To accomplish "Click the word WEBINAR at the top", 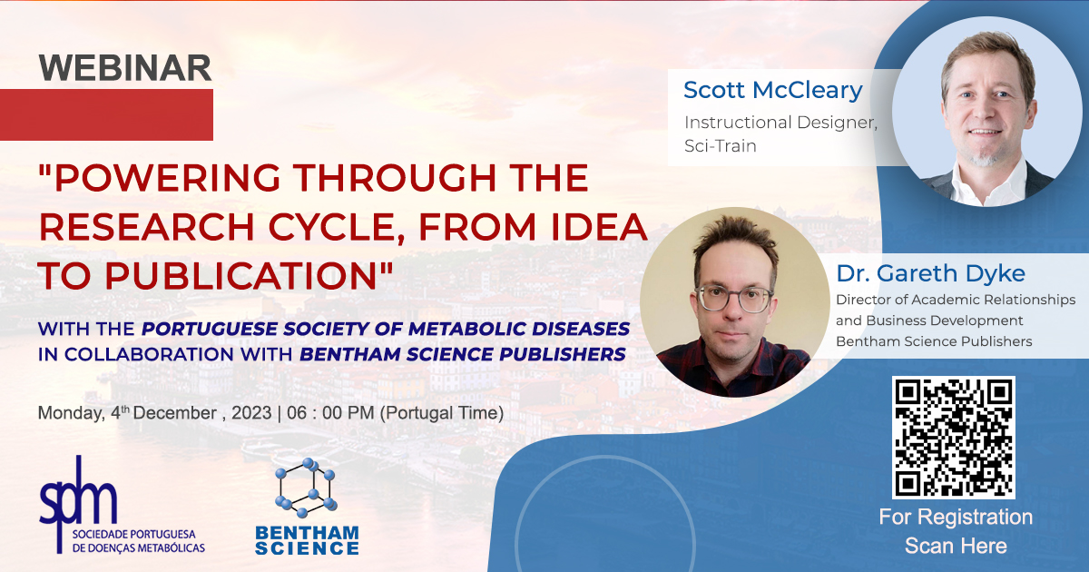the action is (x=125, y=67).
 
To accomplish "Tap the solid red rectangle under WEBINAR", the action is (x=106, y=114).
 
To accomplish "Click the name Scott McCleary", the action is (x=773, y=90).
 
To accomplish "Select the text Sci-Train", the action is (x=720, y=146).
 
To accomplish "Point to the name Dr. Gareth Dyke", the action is (x=930, y=273).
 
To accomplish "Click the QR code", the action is (x=954, y=438).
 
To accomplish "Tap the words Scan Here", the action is (x=956, y=546).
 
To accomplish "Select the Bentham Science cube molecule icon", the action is (x=306, y=488).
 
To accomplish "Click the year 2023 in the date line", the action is (x=251, y=413).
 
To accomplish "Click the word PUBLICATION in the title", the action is (x=241, y=276).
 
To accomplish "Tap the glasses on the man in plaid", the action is (x=734, y=299).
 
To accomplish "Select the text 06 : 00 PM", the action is (x=330, y=413).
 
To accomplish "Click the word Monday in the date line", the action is (x=71, y=413).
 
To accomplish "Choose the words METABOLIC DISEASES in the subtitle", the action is (x=519, y=329).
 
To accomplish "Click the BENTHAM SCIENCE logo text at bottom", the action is (x=308, y=540).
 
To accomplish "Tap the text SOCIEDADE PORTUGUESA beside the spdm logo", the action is (x=134, y=535).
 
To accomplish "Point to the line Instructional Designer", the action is (x=780, y=123).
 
